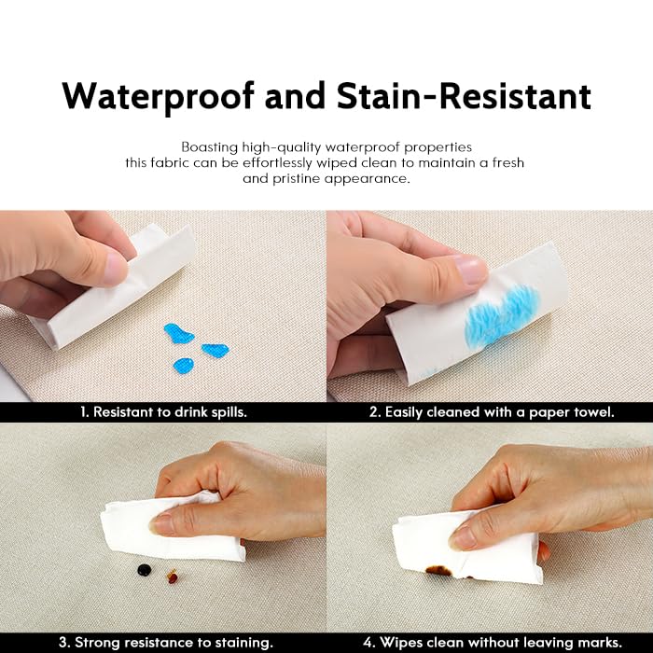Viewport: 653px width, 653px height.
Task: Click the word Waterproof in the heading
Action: pos(158,97)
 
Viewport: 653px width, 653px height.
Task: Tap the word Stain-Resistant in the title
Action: pos(464,96)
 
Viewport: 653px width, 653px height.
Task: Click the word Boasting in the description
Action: pos(210,147)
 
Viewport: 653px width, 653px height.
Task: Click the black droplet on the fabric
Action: pos(144,570)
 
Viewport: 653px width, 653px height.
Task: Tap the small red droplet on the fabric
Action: pos(173,577)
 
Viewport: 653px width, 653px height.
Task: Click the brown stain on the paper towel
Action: pos(438,570)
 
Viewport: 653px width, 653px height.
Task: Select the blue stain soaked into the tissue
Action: pos(502,315)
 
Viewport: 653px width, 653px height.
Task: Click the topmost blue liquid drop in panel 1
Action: pos(178,333)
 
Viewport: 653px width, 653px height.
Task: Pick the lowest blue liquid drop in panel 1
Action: pos(184,366)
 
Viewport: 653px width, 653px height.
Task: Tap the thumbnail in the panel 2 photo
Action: pos(471,270)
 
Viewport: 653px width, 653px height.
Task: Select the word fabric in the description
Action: pos(169,163)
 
